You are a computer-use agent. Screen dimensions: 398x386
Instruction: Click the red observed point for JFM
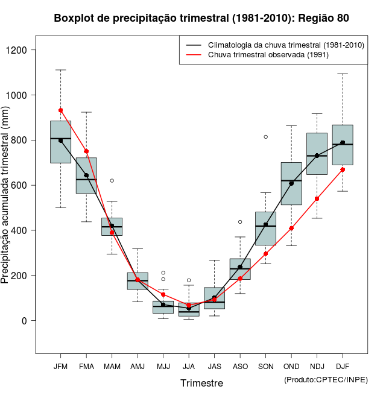[61, 110]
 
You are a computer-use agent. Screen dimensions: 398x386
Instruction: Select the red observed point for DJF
[343, 169]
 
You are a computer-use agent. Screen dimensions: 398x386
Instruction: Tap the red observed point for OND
[291, 229]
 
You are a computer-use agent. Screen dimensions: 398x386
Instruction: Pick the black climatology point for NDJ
[317, 156]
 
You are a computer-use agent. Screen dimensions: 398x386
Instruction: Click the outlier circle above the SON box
[265, 137]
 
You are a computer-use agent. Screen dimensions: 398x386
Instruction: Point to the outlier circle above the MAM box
[112, 180]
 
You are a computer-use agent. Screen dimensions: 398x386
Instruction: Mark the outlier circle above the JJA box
[189, 280]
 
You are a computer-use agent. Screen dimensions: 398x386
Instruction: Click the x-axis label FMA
[86, 367]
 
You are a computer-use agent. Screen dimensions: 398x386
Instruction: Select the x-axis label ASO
[240, 367]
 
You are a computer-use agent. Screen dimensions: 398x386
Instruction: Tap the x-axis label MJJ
[163, 367]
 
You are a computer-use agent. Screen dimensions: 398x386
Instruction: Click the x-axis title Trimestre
[201, 383]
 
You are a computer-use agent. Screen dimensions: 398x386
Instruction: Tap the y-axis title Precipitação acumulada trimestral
[5, 198]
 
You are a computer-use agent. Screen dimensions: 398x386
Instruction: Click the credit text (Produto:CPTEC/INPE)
[325, 379]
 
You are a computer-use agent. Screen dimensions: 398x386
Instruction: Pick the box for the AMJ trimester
[138, 281]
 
